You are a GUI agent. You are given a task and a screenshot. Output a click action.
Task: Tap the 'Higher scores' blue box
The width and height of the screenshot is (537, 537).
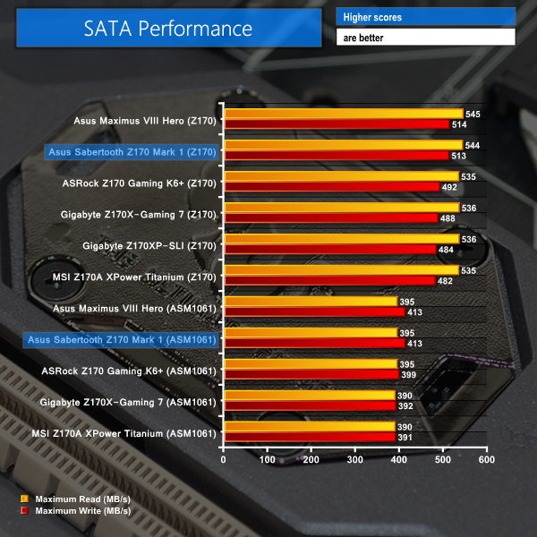425,17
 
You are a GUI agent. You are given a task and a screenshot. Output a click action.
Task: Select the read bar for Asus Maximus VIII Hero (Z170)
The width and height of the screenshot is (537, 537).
343,115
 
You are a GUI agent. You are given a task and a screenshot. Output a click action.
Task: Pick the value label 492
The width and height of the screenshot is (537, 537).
448,187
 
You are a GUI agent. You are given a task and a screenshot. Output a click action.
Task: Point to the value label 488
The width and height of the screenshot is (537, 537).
447,218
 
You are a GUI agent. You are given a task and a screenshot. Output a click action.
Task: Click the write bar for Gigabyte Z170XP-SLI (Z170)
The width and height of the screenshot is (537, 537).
329,249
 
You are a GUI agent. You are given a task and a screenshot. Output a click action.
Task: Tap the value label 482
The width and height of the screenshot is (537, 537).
444,280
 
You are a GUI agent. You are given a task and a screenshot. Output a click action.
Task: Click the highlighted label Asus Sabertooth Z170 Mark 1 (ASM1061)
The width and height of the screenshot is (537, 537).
122,339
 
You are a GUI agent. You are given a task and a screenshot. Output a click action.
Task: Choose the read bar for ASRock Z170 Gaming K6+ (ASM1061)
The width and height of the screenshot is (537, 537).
310,363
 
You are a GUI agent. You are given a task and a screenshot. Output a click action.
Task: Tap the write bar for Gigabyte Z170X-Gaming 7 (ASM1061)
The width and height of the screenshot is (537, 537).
310,405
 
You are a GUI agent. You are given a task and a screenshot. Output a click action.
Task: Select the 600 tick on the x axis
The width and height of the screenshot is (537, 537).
486,459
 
